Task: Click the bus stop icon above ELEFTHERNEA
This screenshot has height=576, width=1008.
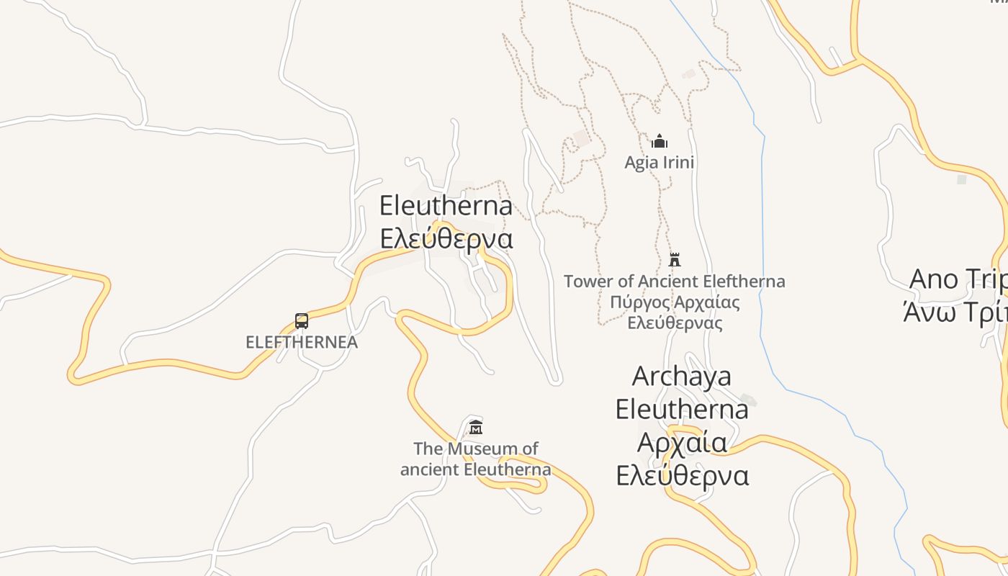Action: [302, 321]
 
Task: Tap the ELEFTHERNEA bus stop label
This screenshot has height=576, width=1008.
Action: [302, 342]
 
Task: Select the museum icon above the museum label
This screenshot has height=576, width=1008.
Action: [475, 427]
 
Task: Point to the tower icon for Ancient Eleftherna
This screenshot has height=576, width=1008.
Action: [675, 259]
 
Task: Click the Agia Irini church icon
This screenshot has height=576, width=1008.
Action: [660, 140]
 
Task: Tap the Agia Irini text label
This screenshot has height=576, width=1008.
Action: [660, 163]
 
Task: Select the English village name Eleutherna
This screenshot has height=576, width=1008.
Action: [446, 206]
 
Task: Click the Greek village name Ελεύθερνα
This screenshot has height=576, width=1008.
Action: [446, 238]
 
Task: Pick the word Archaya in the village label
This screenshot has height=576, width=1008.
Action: [682, 377]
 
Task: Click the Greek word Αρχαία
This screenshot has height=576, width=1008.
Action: [682, 442]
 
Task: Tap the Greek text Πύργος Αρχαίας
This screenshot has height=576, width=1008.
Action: [675, 302]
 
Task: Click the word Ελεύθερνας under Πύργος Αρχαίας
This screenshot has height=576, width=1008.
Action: [675, 323]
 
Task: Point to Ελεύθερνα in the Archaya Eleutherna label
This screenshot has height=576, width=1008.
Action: [682, 476]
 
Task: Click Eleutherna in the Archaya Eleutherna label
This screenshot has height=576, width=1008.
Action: [682, 410]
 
